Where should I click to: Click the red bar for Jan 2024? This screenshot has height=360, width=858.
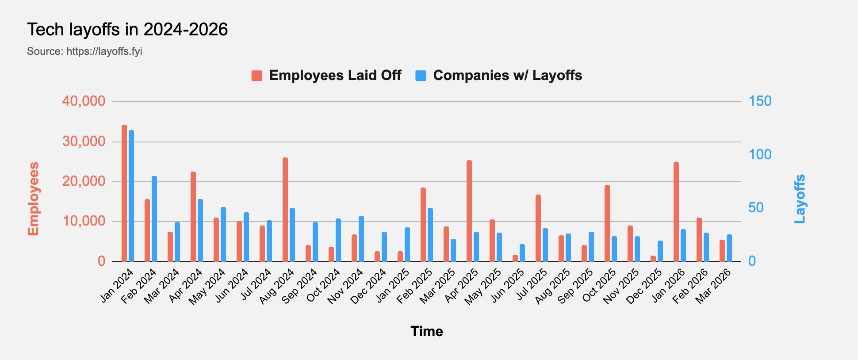[124, 193]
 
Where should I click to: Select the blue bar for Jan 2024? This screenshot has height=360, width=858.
[131, 196]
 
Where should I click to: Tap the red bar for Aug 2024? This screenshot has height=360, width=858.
[285, 210]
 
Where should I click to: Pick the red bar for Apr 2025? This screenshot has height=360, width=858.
[469, 211]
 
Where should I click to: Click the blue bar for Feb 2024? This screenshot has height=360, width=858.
[154, 219]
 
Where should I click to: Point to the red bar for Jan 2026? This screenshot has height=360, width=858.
[676, 212]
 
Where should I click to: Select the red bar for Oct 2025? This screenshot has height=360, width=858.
[607, 223]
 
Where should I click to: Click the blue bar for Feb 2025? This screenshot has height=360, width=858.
[430, 235]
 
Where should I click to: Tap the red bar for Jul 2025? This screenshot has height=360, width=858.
[538, 228]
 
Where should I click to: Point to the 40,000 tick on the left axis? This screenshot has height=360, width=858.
[84, 101]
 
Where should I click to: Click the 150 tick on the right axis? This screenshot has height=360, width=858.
[760, 101]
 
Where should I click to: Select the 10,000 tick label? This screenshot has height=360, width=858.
[84, 221]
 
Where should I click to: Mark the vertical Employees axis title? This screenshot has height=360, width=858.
[34, 199]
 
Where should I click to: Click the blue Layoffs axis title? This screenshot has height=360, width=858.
[800, 199]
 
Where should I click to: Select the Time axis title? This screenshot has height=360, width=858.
[427, 331]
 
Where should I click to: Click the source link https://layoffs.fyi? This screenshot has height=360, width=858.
[104, 51]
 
